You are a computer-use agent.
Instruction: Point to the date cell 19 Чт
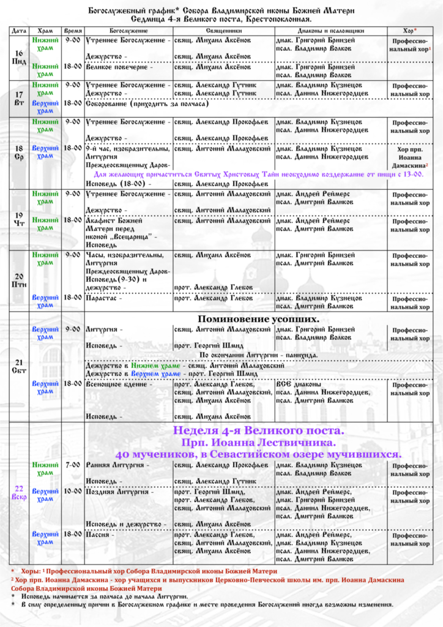(x=18, y=219)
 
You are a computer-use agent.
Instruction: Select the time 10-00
(x=73, y=491)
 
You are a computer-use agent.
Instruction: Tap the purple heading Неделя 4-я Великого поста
(x=259, y=430)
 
